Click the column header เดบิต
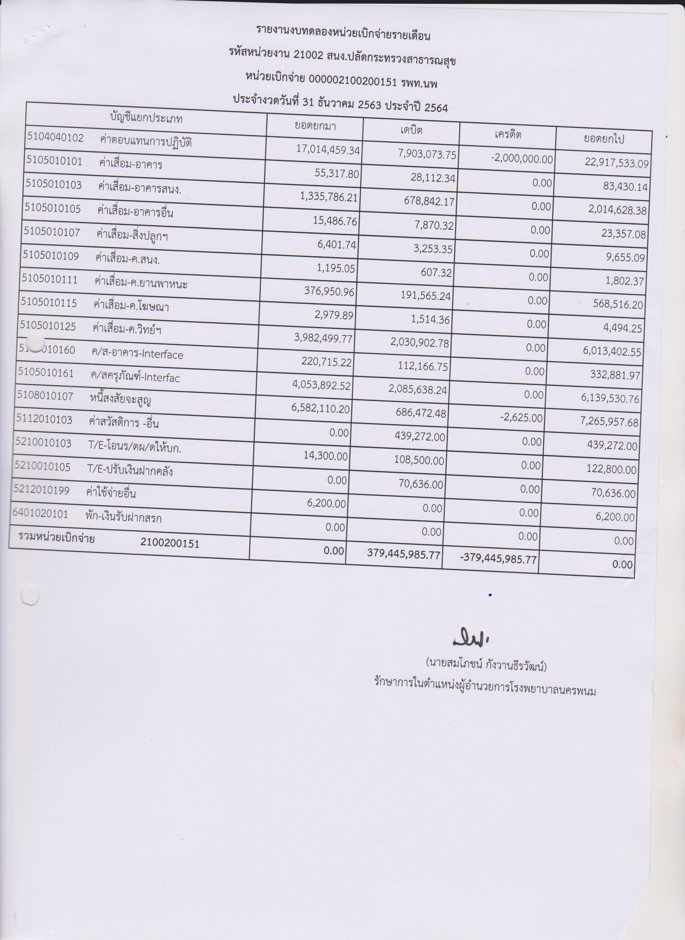(x=411, y=130)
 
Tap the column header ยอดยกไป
(x=603, y=139)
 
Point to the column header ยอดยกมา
(x=315, y=126)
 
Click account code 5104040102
(x=56, y=137)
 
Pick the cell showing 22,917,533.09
(x=616, y=162)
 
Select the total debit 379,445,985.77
(x=403, y=554)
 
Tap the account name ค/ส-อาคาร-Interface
(x=137, y=354)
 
